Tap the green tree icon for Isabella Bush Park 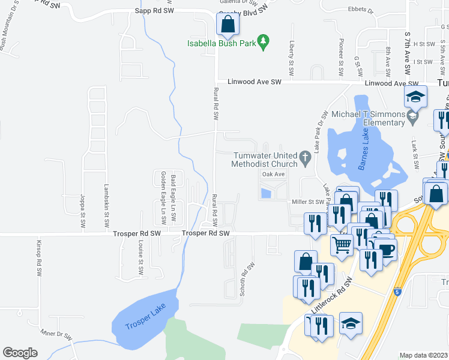pos(263,41)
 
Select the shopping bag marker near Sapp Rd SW pos(228,25)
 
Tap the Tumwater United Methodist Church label pos(265,159)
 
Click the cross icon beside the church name pos(305,159)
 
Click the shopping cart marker pos(342,244)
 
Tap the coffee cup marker pos(384,248)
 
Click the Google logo pos(20,353)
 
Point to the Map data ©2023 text pos(424,355)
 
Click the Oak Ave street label pos(273,174)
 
